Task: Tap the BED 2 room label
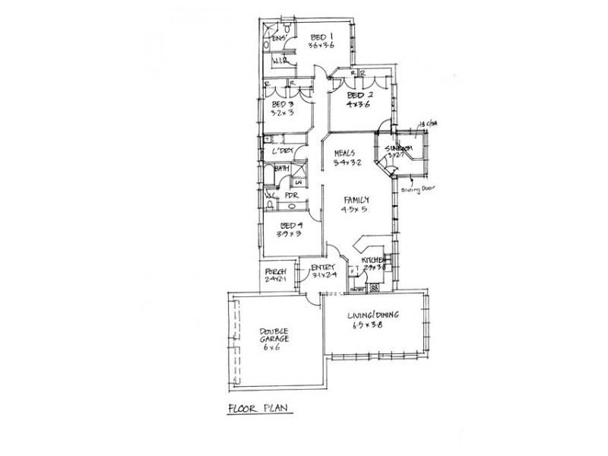tap(358, 96)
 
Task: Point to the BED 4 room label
tap(291, 226)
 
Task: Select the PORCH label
tap(274, 271)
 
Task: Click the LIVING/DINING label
tap(373, 315)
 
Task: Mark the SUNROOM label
tap(399, 148)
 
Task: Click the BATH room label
tap(281, 169)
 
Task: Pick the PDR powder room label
tap(290, 195)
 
